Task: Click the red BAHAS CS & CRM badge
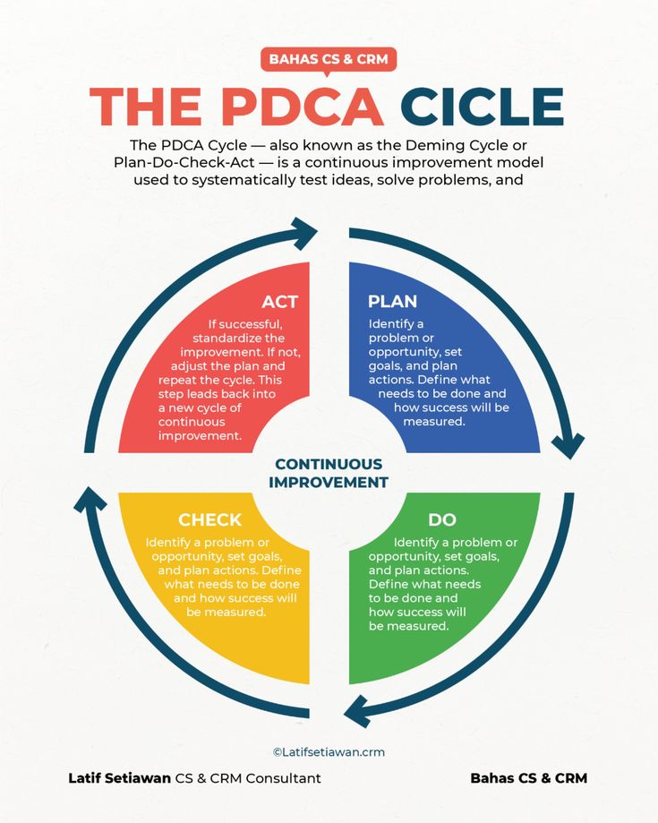coord(329,60)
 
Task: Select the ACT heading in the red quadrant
coord(279,302)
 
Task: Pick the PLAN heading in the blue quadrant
coord(392,302)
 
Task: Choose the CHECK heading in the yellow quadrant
coord(209,519)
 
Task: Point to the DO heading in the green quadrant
coord(442,519)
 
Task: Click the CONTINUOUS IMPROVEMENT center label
coord(329,473)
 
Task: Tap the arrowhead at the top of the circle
coord(305,234)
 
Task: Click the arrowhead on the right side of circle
coord(568,444)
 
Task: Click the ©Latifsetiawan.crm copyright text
coord(329,752)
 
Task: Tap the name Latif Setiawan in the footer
coord(119,778)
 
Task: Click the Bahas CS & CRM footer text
coord(528,778)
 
